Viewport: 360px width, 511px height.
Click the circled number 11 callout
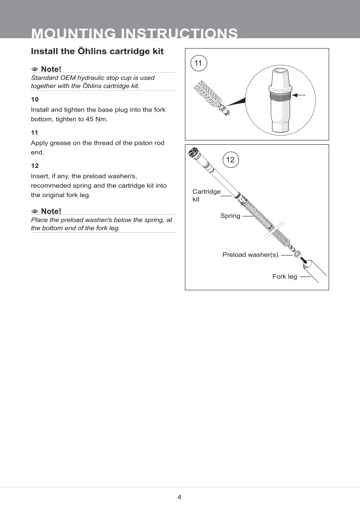tap(198, 63)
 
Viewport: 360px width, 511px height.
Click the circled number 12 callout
tap(230, 160)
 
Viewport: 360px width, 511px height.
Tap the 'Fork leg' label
tap(284, 277)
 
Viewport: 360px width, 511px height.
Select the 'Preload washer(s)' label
tap(250, 255)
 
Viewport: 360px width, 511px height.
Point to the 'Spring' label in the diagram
tap(230, 216)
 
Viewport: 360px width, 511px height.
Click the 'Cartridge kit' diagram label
tap(206, 195)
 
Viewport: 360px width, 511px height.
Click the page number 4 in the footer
tap(179, 497)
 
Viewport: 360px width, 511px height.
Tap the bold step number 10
tap(35, 99)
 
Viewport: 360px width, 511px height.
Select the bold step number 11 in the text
tap(35, 133)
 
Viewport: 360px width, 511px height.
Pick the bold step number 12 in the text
tap(35, 165)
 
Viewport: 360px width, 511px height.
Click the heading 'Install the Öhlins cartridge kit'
tap(97, 52)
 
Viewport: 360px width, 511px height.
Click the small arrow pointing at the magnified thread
tap(302, 94)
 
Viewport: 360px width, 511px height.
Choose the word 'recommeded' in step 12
tap(50, 186)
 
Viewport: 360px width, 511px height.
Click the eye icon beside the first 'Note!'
tap(35, 69)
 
